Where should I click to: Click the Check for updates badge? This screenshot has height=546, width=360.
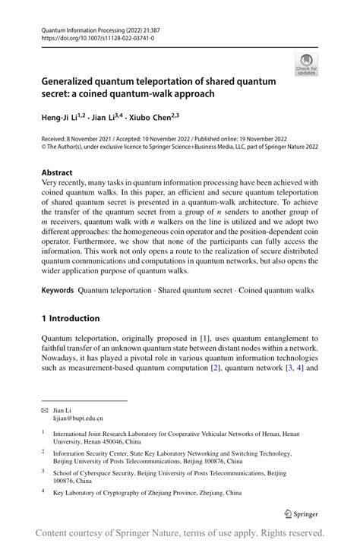click(307, 65)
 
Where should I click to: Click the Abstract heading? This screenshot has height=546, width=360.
click(58, 172)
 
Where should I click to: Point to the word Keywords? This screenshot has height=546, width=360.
click(58, 290)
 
